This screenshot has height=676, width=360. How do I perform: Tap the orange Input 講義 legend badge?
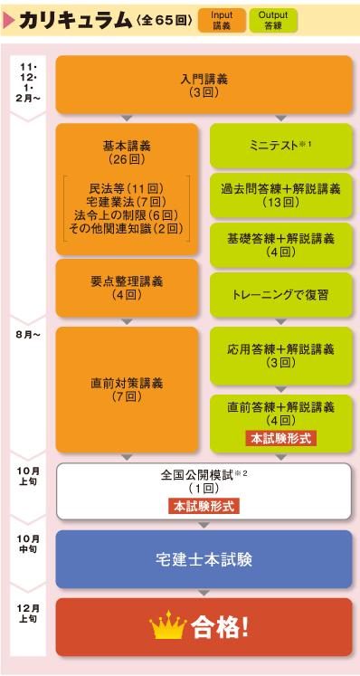[x=221, y=20]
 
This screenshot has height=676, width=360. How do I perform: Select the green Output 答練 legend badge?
[x=272, y=20]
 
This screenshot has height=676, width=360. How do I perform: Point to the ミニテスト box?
[x=280, y=145]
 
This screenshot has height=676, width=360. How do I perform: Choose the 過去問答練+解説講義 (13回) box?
[x=280, y=195]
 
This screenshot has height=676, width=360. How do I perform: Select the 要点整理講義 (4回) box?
[x=127, y=288]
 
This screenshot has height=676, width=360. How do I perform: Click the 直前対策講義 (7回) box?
[x=127, y=389]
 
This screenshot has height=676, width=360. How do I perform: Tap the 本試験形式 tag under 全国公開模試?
[x=203, y=506]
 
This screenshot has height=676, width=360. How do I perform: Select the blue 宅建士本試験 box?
[x=203, y=558]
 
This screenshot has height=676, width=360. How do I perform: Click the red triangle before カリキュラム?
[x=10, y=19]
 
